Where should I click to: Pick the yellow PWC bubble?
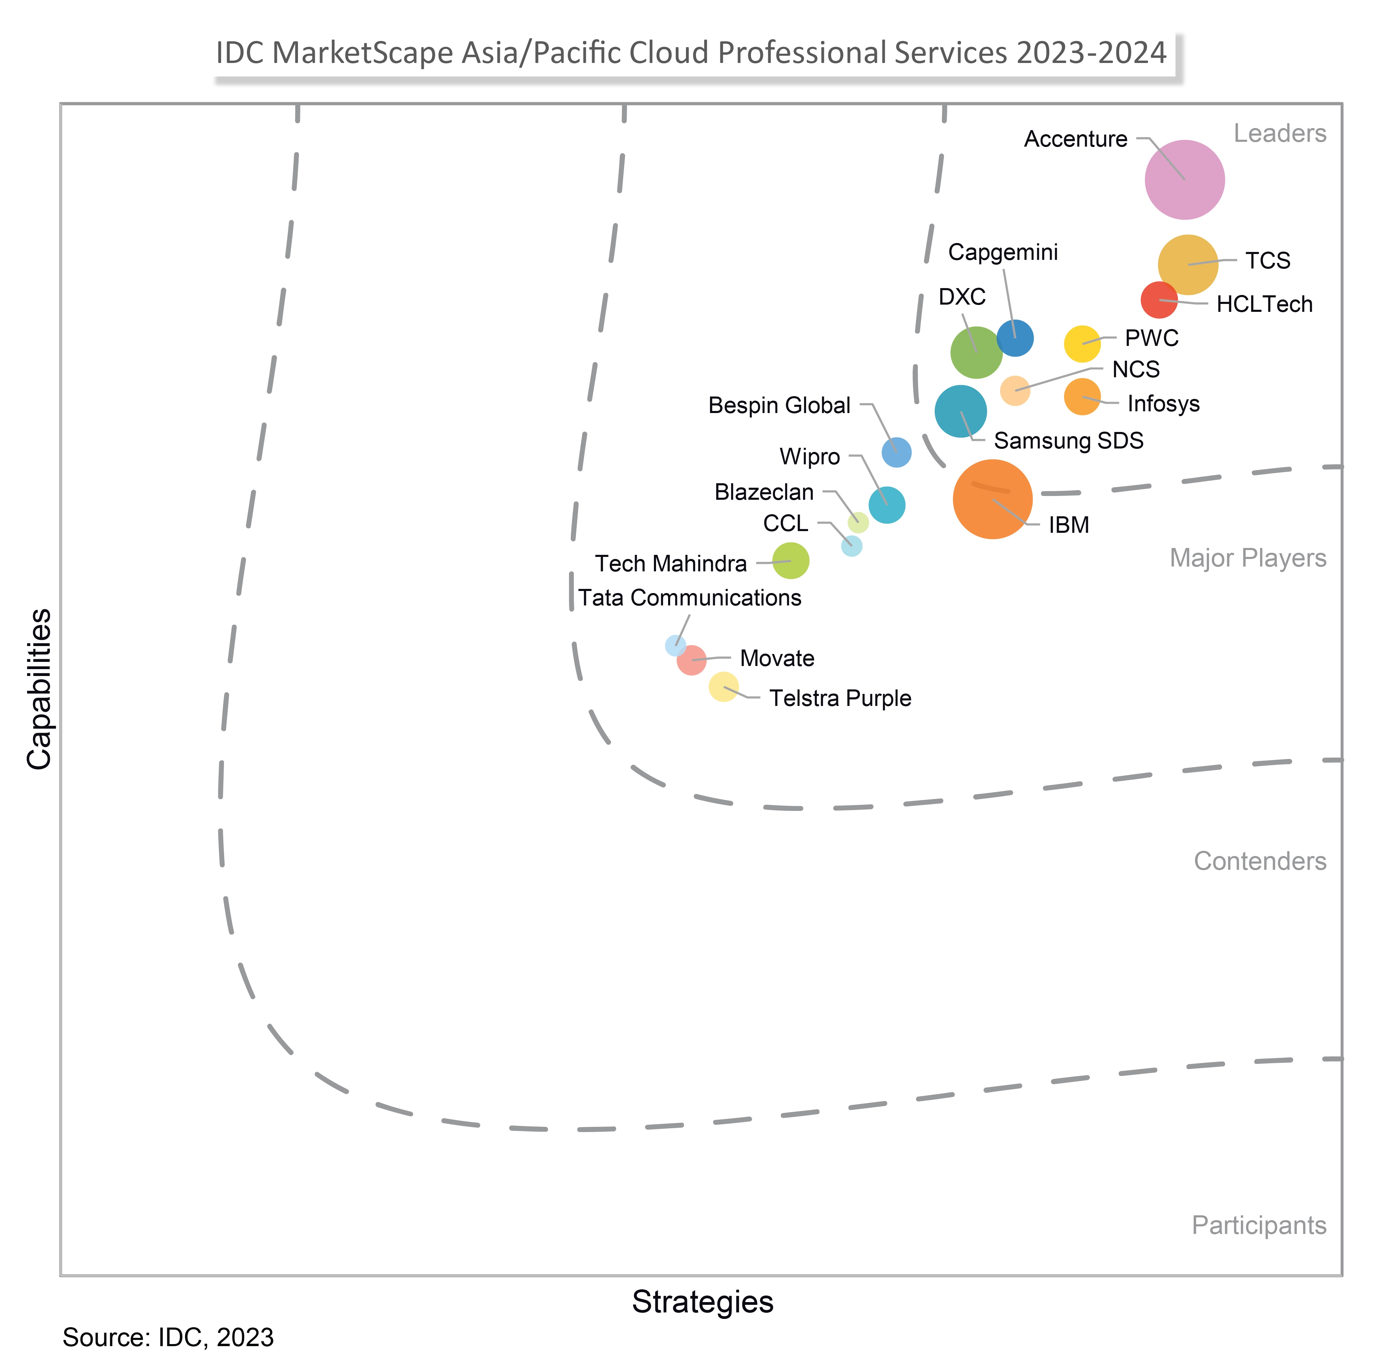(1082, 344)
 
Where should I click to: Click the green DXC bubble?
(976, 352)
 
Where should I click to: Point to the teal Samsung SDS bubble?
(960, 411)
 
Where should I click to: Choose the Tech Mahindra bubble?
(790, 561)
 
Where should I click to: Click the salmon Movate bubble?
(691, 660)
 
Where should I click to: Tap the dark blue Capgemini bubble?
(1015, 338)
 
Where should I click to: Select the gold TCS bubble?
(1188, 265)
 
